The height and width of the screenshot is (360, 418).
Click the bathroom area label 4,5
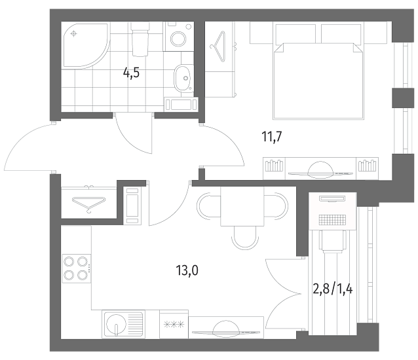click(x=131, y=73)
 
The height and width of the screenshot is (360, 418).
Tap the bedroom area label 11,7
click(x=272, y=137)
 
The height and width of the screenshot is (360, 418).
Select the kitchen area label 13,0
click(x=187, y=271)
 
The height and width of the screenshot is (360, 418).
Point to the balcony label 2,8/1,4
click(x=332, y=289)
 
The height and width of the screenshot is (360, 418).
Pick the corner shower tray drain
click(x=74, y=34)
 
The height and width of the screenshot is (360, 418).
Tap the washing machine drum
click(x=178, y=39)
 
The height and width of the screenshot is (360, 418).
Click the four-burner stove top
click(x=77, y=268)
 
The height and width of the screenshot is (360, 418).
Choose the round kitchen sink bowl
click(x=116, y=324)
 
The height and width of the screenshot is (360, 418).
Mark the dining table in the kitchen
click(x=242, y=206)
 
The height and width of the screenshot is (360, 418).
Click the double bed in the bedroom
click(x=318, y=80)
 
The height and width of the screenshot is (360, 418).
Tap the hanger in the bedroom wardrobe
click(x=218, y=46)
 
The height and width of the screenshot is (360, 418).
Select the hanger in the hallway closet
click(x=89, y=203)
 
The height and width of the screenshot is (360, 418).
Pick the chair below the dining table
click(x=245, y=238)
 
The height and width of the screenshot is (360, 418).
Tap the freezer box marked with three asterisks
click(x=174, y=324)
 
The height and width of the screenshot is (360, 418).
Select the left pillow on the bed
click(x=295, y=33)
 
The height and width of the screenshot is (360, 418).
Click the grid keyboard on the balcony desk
click(x=332, y=220)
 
